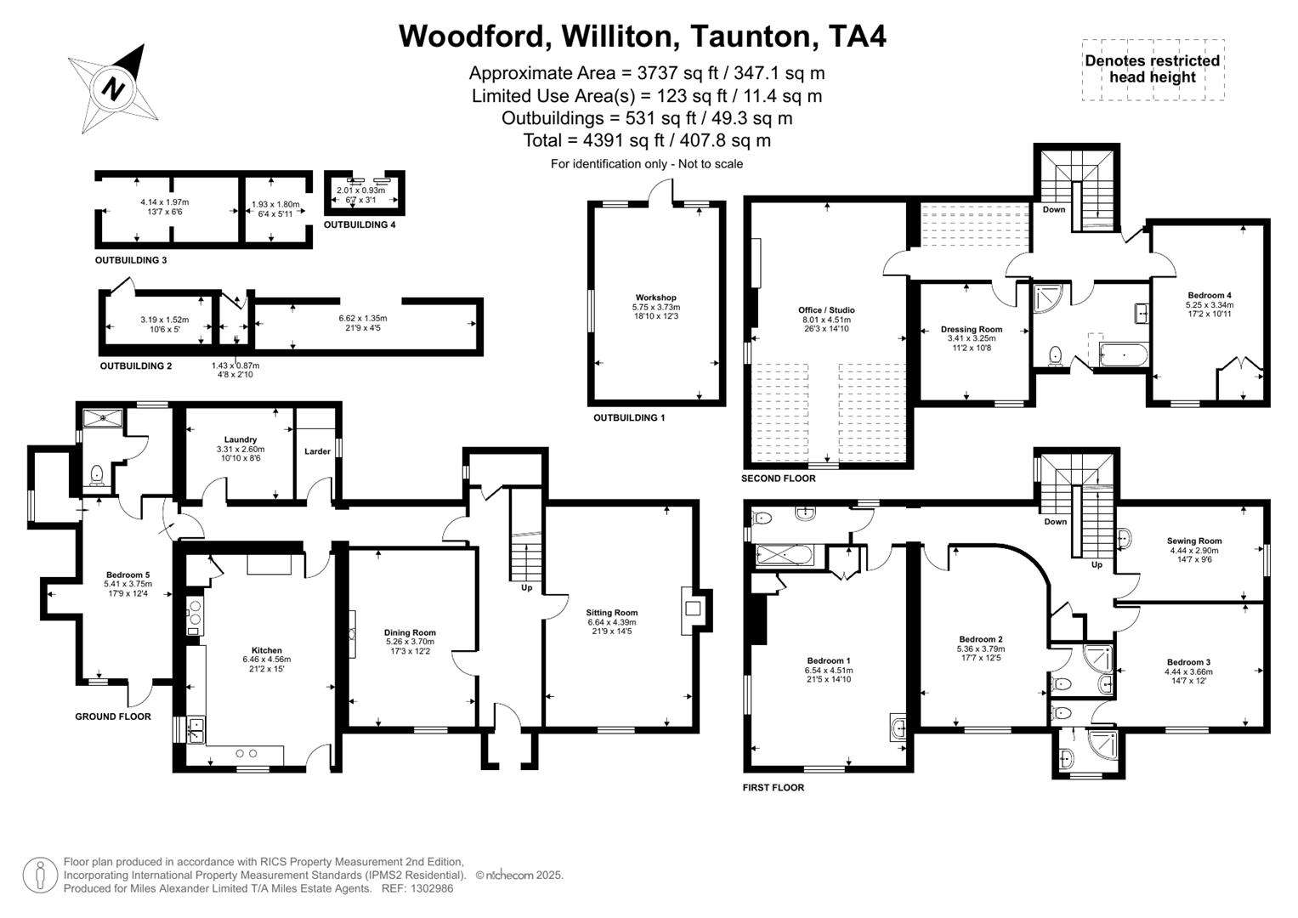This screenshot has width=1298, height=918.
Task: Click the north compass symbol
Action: coord(114,88)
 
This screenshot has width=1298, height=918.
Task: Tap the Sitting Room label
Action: coord(611,613)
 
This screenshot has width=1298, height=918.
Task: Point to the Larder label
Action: coord(317,451)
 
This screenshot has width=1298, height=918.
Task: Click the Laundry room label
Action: coord(241,439)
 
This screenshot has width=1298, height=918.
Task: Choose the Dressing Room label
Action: coord(971,329)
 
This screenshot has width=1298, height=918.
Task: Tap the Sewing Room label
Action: coord(1193,541)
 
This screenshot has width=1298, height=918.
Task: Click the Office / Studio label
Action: coord(825,310)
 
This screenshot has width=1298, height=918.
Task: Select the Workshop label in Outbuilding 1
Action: coord(655,297)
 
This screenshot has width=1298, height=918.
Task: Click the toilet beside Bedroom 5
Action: coord(96,473)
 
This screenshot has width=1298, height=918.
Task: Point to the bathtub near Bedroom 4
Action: coord(1123,354)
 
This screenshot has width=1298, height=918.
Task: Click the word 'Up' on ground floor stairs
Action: coord(526,587)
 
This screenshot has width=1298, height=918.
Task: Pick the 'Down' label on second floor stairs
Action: coord(1053,209)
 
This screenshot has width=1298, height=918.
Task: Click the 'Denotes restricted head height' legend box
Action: coord(1152,70)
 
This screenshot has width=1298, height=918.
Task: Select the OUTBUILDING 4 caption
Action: coord(359,225)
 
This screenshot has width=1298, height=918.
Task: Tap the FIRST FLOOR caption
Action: coord(773,787)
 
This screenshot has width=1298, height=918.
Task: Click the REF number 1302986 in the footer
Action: coord(431,888)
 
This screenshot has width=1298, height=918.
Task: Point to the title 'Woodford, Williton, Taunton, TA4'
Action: coord(643,36)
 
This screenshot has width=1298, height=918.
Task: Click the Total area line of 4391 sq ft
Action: coord(647,140)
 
